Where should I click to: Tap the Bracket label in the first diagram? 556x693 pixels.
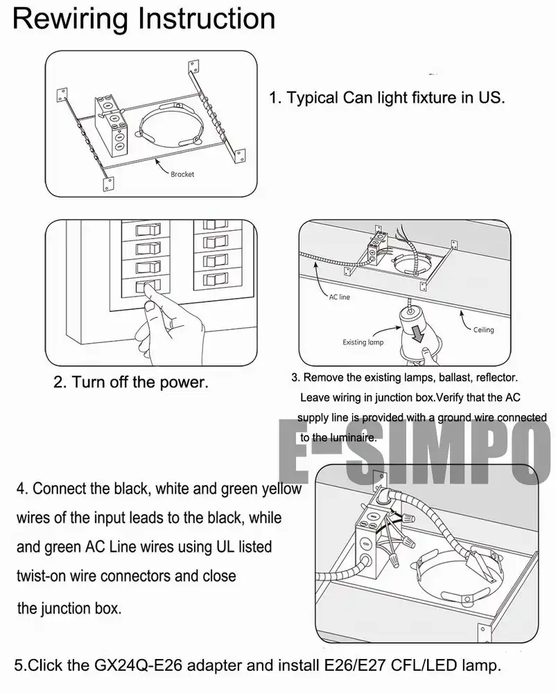click(182, 175)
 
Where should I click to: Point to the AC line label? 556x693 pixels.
click(339, 297)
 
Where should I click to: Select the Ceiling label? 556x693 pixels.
click(483, 330)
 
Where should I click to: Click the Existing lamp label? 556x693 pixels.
click(363, 342)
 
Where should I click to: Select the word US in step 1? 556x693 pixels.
click(490, 98)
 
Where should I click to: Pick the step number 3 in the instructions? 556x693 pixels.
click(295, 378)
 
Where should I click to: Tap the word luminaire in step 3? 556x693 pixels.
click(353, 437)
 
